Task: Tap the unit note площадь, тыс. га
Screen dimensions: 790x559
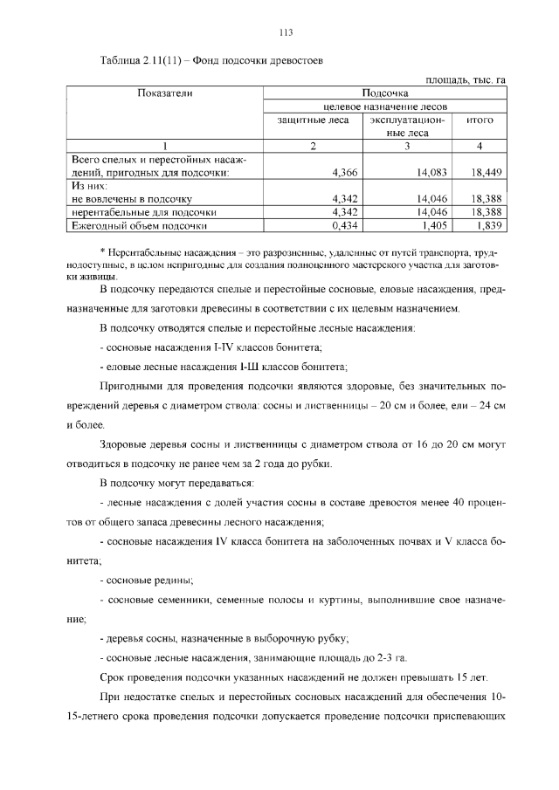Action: (465, 80)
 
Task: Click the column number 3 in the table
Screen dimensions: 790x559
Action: (407, 146)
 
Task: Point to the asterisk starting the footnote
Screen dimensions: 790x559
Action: (103, 250)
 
